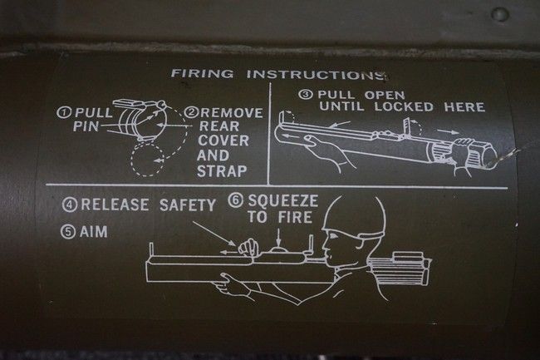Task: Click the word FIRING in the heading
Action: click(x=202, y=73)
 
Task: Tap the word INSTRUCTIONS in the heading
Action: click(x=316, y=75)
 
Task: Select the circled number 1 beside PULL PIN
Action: click(x=64, y=112)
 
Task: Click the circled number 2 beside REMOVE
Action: click(x=191, y=112)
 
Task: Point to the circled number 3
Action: click(x=306, y=95)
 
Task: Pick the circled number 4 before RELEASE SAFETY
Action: click(x=70, y=205)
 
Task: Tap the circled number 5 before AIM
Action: click(x=68, y=231)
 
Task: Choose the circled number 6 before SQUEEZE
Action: click(x=236, y=201)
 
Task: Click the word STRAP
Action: click(x=222, y=171)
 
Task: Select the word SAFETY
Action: click(x=188, y=205)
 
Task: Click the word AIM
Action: click(x=94, y=231)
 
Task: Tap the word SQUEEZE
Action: click(x=282, y=200)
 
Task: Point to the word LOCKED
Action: click(x=404, y=106)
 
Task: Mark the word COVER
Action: click(x=223, y=141)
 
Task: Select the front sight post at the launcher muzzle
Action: click(x=151, y=249)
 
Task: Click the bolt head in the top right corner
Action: click(x=499, y=14)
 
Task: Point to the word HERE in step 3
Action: click(x=464, y=106)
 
